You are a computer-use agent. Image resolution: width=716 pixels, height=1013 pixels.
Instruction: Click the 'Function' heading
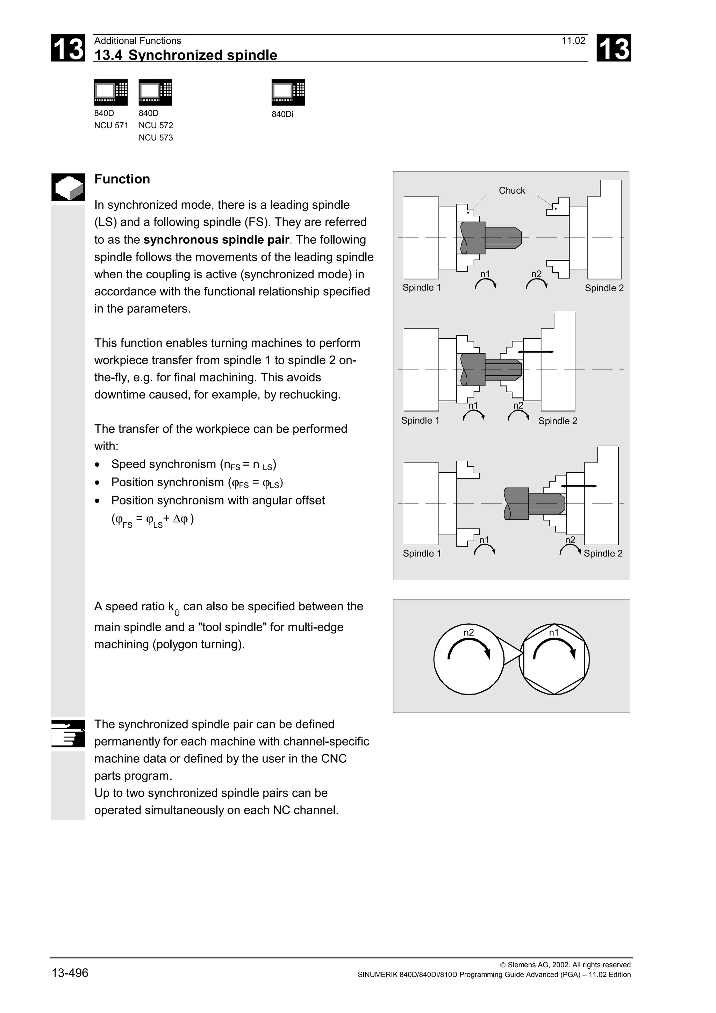(122, 179)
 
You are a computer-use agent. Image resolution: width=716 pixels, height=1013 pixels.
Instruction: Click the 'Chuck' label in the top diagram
(512, 191)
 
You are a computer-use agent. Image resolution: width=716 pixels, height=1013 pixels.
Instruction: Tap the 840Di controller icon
(288, 93)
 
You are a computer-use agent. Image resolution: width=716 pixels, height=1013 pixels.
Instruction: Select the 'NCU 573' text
(156, 138)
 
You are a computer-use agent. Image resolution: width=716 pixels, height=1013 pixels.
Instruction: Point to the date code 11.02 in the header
(573, 41)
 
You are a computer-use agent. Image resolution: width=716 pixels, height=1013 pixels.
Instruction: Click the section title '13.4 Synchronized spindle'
(186, 55)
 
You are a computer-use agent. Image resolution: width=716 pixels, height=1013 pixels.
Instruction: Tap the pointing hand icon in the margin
(68, 733)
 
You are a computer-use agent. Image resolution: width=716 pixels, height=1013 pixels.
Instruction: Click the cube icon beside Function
(68, 187)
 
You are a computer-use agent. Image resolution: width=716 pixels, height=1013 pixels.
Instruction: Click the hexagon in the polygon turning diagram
(554, 659)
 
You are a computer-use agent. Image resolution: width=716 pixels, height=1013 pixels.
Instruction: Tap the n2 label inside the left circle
(468, 633)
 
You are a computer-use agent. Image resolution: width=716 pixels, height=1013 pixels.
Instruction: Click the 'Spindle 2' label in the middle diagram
(558, 421)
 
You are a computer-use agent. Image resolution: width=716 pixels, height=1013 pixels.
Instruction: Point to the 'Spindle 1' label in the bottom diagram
(422, 553)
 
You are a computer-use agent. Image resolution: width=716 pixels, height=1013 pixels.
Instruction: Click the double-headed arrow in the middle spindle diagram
(536, 352)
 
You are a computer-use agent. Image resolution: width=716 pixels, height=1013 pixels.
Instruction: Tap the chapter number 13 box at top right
(613, 48)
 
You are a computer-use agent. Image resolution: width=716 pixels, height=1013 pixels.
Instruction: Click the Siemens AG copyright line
(565, 965)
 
